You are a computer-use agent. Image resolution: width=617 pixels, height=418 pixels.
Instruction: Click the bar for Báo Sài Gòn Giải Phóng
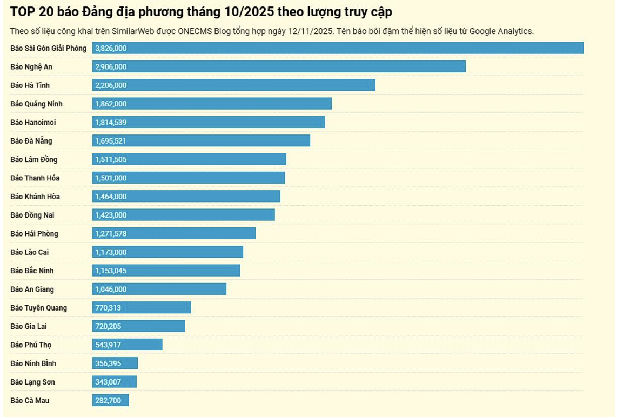coord(338,48)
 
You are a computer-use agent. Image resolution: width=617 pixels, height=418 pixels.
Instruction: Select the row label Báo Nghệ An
coord(31,67)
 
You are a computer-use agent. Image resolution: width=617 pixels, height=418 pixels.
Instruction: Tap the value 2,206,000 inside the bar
coord(111,85)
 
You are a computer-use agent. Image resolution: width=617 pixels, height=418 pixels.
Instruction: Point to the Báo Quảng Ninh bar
coord(212,104)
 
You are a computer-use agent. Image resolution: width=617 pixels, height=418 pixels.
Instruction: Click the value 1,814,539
coord(111,123)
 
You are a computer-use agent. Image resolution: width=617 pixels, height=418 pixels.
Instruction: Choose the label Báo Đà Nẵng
coord(32,141)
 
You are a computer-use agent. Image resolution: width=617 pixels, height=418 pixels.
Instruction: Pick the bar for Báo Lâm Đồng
coord(189,159)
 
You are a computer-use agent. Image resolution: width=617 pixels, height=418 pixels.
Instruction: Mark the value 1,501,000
coord(111,178)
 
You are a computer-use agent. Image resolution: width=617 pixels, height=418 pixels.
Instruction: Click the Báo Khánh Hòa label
coord(35,197)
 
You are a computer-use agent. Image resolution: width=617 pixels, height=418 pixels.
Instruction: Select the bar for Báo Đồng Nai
coord(184,215)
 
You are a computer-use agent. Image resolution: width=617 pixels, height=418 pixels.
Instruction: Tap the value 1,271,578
coord(111,234)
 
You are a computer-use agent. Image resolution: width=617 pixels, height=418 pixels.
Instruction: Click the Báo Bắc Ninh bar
coord(166,271)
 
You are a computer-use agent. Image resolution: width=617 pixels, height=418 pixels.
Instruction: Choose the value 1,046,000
coord(111,289)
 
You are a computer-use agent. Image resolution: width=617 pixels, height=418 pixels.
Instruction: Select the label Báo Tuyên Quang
coord(39,308)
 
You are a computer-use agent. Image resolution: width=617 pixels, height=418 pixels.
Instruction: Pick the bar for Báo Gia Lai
coord(139,326)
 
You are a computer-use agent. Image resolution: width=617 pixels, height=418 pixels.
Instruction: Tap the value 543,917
coord(108,345)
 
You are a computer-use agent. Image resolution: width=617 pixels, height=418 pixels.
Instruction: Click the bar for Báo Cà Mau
coord(111,401)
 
